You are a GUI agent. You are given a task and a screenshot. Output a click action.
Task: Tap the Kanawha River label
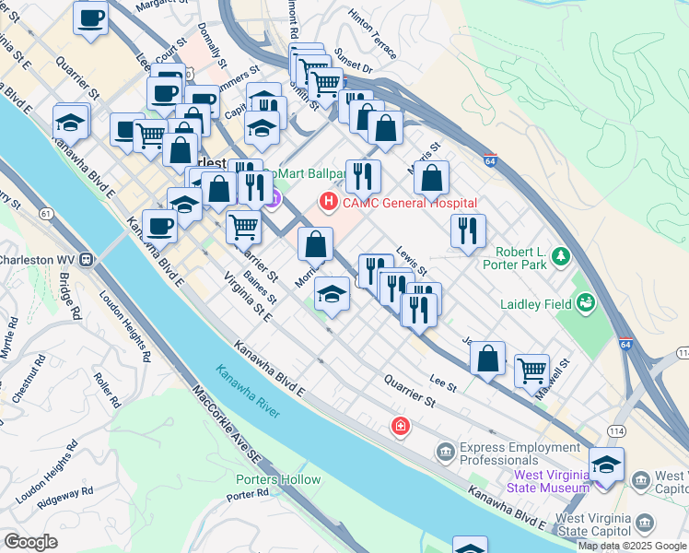click(248, 391)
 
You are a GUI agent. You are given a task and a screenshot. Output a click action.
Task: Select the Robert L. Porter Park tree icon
click(558, 258)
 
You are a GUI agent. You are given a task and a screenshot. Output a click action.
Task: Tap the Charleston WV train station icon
click(87, 259)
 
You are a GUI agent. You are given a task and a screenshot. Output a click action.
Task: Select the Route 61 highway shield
click(45, 214)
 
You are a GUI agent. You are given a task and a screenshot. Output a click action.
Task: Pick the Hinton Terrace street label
click(372, 34)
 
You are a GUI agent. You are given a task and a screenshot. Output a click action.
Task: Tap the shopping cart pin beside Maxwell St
click(531, 370)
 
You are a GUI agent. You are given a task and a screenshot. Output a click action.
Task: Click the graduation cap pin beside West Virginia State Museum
click(606, 463)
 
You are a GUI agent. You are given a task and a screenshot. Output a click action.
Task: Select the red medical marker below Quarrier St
click(400, 425)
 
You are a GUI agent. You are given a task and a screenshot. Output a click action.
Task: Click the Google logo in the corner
click(30, 542)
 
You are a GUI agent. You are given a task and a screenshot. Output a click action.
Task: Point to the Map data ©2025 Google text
click(632, 546)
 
